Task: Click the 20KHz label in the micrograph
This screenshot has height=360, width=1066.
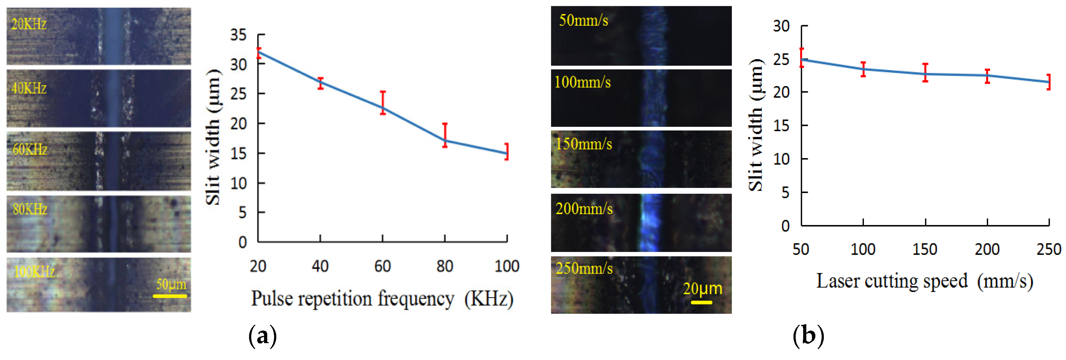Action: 28,24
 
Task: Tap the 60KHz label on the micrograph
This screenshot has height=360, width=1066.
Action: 30,149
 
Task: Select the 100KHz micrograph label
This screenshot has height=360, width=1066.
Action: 34,272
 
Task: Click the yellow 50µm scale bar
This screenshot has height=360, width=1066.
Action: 170,296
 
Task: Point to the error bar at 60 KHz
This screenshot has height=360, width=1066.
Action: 383,103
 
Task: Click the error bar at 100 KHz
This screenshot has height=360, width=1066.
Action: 507,152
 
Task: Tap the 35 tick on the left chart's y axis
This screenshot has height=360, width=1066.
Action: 238,35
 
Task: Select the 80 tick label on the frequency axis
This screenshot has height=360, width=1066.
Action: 444,266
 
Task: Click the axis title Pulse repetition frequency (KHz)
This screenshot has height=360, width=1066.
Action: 382,298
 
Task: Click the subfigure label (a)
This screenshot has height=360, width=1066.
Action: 263,336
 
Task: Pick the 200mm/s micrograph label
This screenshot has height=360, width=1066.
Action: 584,208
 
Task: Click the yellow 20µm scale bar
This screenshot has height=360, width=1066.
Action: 701,302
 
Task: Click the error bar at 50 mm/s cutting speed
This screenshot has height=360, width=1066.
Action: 802,58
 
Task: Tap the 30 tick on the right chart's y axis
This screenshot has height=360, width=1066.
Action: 781,26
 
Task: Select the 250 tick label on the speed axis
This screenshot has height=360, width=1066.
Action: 1048,249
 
